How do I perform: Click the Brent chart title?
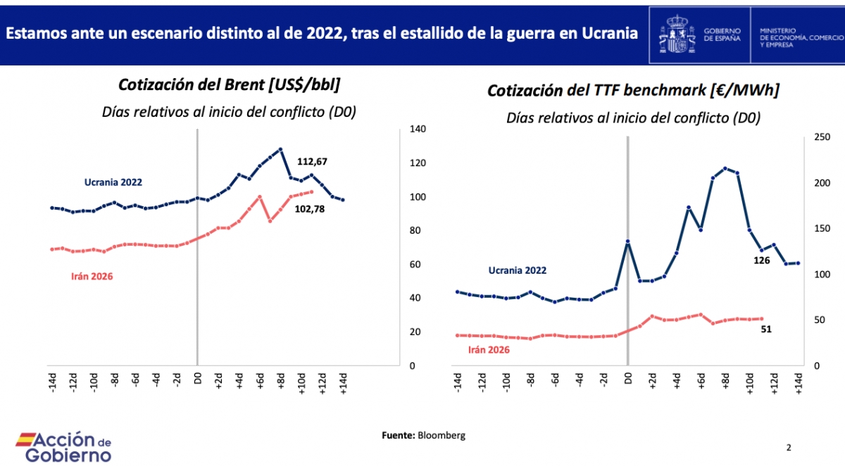point(229,85)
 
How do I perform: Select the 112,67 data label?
point(312,162)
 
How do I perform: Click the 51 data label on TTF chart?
point(767,328)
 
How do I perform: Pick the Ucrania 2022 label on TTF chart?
point(518,270)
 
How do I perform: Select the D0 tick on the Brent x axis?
point(198,382)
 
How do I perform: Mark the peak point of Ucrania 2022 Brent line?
point(280,149)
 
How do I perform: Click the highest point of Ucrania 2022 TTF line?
point(725,168)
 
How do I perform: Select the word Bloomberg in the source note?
point(442,435)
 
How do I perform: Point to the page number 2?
point(789,447)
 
